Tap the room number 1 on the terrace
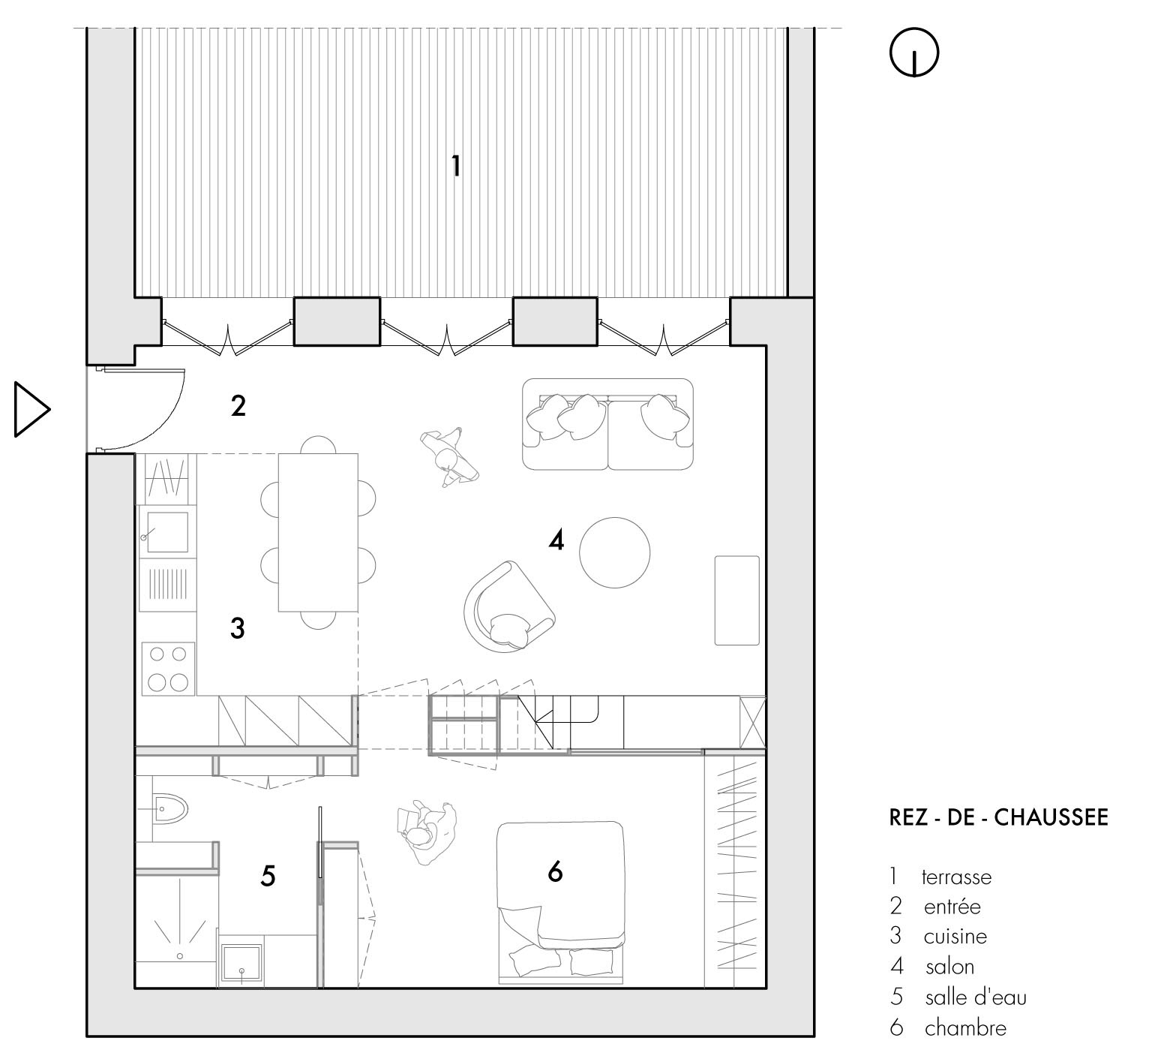(x=455, y=166)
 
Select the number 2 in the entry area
(x=238, y=406)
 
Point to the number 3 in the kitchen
(x=237, y=627)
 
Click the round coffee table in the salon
(x=615, y=552)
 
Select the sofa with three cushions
(x=607, y=424)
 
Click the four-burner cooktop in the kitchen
(x=169, y=668)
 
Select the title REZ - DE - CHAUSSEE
(x=998, y=817)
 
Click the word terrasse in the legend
(x=956, y=877)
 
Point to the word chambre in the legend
(x=966, y=1027)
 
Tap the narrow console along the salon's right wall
(x=736, y=600)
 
